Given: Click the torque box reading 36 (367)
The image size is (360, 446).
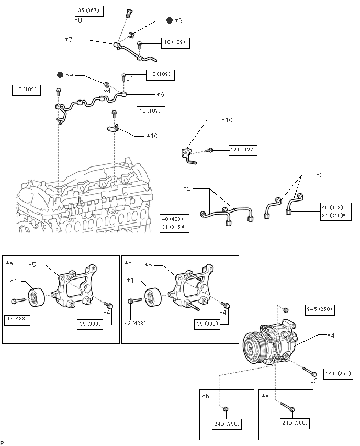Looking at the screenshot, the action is [x=89, y=11].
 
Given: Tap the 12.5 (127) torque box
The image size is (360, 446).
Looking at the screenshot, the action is [x=243, y=150].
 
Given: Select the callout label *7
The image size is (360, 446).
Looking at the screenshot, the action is [x=69, y=40].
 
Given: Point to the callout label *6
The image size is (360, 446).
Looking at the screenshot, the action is [x=161, y=94].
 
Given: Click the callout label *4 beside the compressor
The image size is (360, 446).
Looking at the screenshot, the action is [x=331, y=336].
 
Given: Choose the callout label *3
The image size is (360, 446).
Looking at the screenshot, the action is [x=320, y=175].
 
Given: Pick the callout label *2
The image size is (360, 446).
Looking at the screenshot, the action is [x=187, y=188].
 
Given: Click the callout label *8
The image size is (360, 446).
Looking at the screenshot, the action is [x=78, y=20].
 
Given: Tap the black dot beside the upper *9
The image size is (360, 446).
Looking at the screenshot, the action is [x=170, y=20].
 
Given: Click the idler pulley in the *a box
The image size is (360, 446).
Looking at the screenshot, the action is [x=36, y=297].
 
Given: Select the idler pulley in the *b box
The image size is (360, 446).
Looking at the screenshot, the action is [x=153, y=297].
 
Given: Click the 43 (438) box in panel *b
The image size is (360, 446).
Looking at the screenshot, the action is [x=136, y=324].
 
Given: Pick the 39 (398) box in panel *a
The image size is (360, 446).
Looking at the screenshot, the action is [x=90, y=324].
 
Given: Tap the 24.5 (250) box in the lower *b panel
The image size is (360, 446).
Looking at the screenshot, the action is [x=227, y=424].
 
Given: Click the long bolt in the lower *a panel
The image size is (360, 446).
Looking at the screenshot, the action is [x=287, y=406].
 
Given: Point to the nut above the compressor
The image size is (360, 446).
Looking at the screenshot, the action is [x=286, y=310].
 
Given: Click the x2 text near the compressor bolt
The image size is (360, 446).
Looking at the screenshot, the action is [x=314, y=381].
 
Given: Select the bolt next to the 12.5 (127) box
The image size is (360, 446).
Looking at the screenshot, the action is [x=209, y=150].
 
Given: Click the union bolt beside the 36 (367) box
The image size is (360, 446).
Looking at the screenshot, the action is [x=129, y=14].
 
